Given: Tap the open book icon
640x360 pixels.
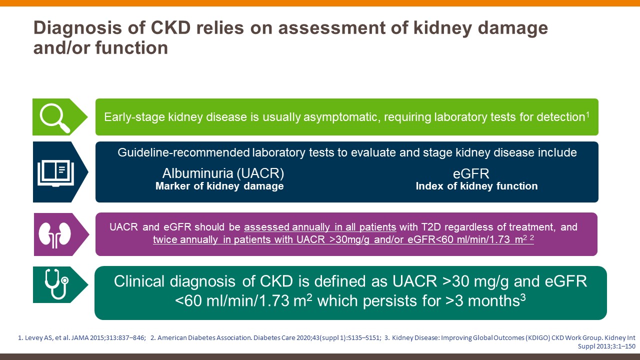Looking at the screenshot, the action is click(x=55, y=173).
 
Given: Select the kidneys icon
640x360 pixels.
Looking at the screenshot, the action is click(x=54, y=234).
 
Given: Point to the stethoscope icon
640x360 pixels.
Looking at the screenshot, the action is click(x=57, y=284).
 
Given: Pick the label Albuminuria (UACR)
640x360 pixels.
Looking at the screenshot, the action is click(x=223, y=173).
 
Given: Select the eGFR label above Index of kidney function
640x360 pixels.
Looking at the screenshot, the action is click(x=471, y=173).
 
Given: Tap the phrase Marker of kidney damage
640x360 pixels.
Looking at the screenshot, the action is click(x=219, y=186).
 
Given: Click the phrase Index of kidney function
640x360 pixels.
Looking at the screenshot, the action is click(x=476, y=186).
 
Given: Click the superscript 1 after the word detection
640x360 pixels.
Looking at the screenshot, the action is click(x=587, y=114).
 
